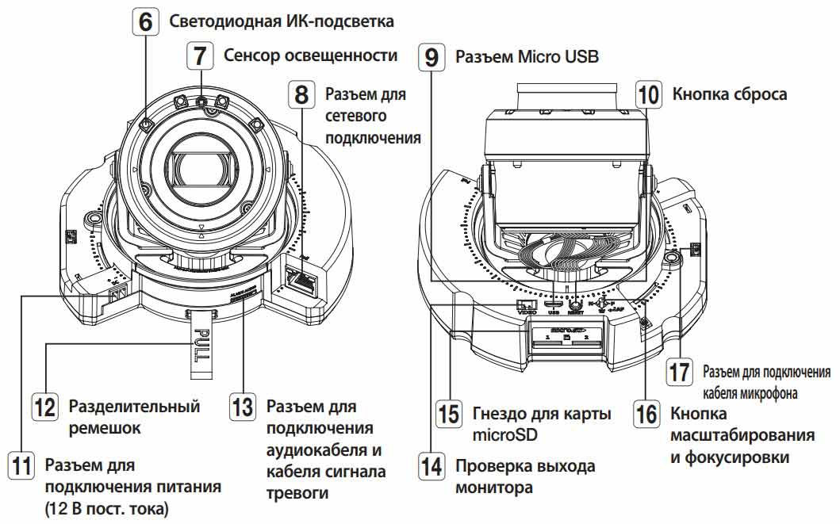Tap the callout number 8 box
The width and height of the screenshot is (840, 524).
click(302, 95)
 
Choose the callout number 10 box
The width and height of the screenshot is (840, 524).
click(648, 95)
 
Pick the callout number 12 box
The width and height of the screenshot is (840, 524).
click(44, 409)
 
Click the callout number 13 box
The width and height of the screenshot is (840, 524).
click(243, 409)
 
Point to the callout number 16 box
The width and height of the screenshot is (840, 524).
click(646, 413)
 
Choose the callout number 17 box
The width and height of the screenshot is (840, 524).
click(679, 372)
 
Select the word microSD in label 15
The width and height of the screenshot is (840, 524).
click(504, 434)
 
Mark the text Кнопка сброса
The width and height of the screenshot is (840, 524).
click(729, 94)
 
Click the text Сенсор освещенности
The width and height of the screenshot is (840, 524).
click(310, 55)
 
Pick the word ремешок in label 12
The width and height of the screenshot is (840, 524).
click(104, 428)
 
